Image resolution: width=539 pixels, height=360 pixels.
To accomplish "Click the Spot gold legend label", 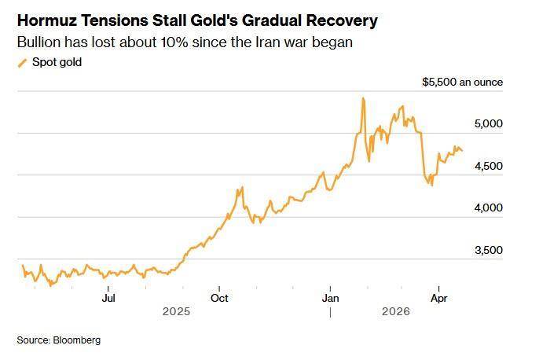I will click(x=56, y=62).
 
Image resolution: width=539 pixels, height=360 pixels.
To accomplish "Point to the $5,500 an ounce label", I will click(x=463, y=82).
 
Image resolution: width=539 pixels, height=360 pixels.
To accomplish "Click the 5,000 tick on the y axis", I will click(x=488, y=124).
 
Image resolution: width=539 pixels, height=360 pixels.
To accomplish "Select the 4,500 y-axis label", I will click(x=488, y=166).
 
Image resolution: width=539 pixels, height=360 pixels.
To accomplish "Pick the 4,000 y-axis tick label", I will click(x=488, y=208).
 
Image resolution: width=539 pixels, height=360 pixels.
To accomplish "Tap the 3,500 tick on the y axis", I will click(x=488, y=250).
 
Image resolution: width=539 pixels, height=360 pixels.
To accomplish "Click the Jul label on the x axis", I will click(x=109, y=298).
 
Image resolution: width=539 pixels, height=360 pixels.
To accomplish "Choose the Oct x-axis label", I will click(x=220, y=298).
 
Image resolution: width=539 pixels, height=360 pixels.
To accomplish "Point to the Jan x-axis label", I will click(x=331, y=298).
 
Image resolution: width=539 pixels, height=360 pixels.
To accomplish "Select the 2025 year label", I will click(x=177, y=311).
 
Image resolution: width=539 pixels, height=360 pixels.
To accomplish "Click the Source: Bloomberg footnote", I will click(x=59, y=340).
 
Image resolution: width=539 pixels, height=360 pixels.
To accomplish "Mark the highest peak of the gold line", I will click(x=362, y=98).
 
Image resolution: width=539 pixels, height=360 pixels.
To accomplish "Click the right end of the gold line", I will click(x=462, y=150).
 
